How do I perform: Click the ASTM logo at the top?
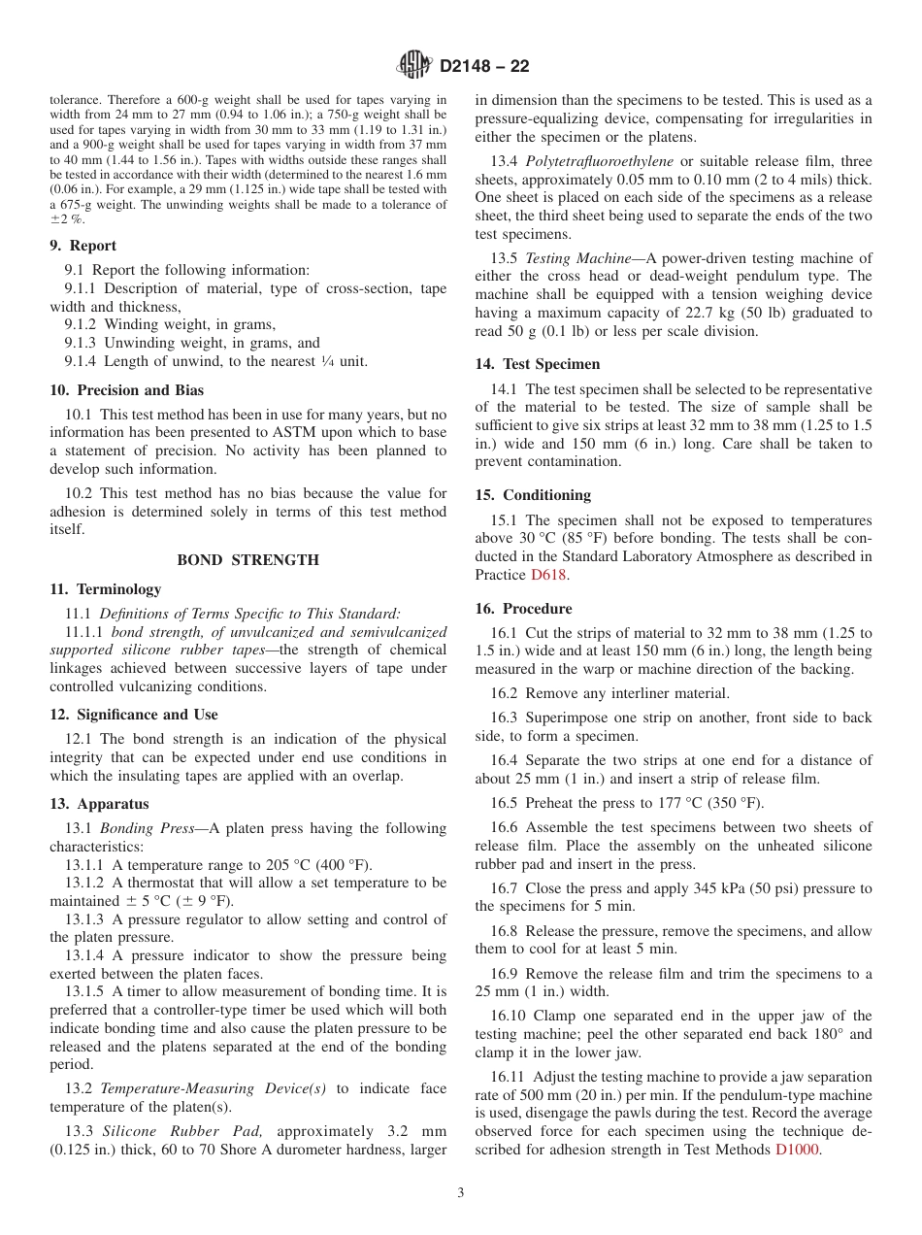coord(414,66)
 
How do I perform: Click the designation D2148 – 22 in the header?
coord(484,67)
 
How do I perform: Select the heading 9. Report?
coord(83,246)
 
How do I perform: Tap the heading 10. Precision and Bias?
coord(127,390)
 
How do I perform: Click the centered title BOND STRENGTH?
coord(247,560)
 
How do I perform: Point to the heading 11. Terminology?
coord(106,589)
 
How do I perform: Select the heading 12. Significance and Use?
coord(134,715)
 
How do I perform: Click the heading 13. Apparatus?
coord(100,804)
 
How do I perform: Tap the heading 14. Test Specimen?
coord(538,364)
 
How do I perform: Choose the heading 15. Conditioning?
coord(533,495)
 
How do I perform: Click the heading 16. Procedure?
coord(524,609)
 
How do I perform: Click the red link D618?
coord(548,575)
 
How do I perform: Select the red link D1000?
coord(798,1150)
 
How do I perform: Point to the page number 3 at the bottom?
coord(461,1193)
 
